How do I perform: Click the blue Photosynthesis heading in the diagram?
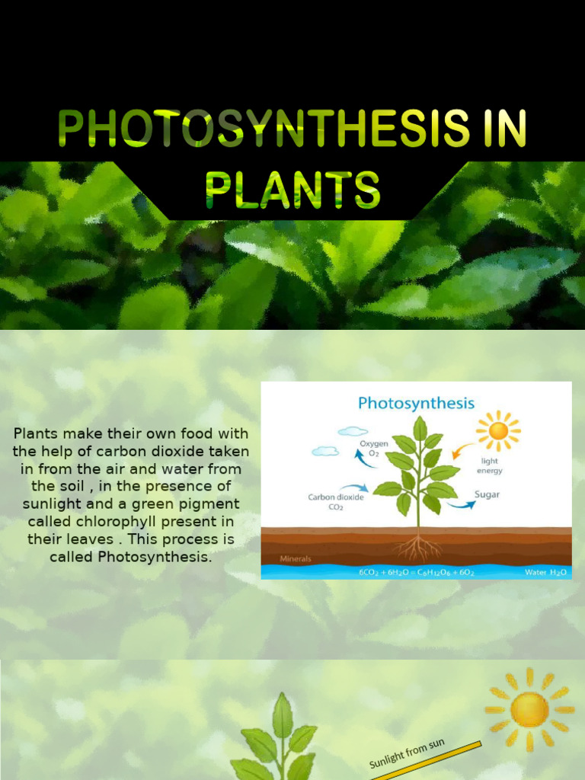coord(416,403)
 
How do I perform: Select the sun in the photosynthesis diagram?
coord(498,430)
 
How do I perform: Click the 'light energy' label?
coord(491,465)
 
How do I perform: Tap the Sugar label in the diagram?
coord(487,494)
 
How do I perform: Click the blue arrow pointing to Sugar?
coord(460,503)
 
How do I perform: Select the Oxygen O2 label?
coord(375,448)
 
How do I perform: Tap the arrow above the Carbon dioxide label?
coord(353,487)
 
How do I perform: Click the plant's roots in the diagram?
coord(418,548)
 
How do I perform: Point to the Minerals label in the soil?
coord(296,558)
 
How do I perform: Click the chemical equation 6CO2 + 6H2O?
coord(416,572)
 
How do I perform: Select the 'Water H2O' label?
coord(545,572)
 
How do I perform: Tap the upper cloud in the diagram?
coord(353,431)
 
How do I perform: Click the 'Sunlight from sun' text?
coord(407,753)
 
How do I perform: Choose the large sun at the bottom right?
coord(529,709)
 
